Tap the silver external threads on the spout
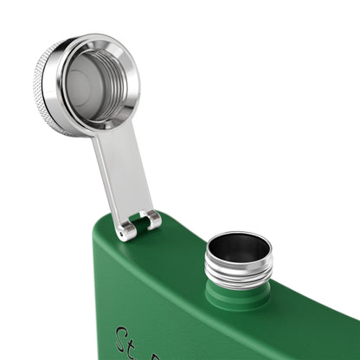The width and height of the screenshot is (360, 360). pyautogui.click(x=238, y=273)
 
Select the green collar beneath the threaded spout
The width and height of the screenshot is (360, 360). pyautogui.click(x=237, y=297)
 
